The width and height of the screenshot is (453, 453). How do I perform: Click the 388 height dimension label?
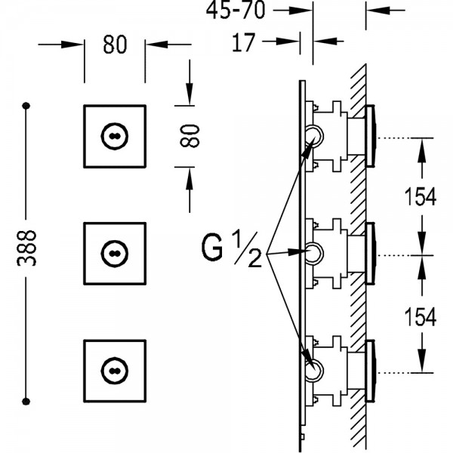[26, 248]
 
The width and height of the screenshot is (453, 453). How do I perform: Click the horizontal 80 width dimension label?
[115, 45]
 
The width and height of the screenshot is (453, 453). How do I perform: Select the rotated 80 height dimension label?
[190, 136]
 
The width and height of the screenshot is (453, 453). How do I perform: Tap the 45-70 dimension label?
[236, 10]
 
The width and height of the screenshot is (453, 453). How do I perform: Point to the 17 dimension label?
[244, 42]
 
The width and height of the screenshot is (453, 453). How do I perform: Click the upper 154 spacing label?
[420, 197]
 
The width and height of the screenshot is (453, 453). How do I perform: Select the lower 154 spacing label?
[420, 316]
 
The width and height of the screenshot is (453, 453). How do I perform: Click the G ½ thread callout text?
[232, 249]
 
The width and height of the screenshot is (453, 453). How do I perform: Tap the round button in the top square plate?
[115, 136]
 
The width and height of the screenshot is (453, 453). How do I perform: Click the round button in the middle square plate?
[115, 254]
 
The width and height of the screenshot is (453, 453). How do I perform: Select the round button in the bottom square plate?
[115, 371]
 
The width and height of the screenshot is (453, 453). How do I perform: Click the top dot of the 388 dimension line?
[26, 106]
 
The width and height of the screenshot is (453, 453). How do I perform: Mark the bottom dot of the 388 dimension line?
[26, 401]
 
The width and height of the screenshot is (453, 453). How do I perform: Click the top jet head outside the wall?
[371, 136]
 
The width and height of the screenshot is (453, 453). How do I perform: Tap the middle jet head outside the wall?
[371, 254]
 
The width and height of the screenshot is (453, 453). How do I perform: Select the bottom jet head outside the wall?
[371, 371]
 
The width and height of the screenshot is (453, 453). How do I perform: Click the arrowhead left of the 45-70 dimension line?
[300, 11]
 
